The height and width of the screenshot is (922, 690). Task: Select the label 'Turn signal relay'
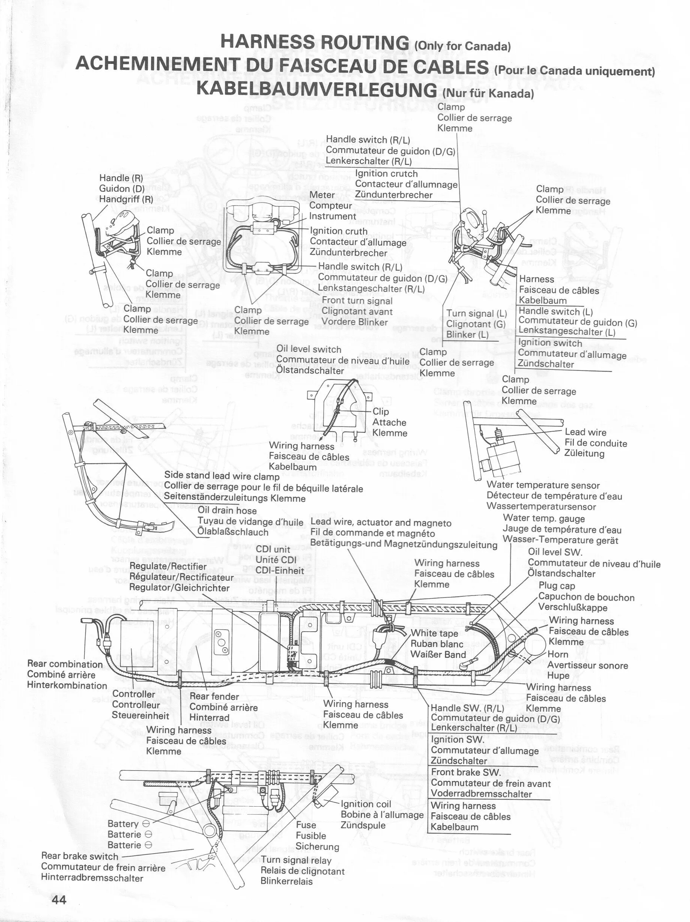[x=296, y=860]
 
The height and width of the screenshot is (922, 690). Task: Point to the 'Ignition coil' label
[x=366, y=804]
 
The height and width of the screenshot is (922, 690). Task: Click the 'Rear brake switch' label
[x=80, y=856]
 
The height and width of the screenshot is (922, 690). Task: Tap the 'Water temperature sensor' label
[x=543, y=485]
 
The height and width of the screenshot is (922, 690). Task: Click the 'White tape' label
[x=434, y=633]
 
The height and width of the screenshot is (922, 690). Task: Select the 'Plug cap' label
[x=557, y=586]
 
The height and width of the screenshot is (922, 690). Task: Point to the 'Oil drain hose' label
[x=227, y=510]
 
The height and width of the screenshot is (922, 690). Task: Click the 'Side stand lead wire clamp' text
[x=221, y=476]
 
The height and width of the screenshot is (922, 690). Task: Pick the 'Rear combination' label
[x=65, y=664]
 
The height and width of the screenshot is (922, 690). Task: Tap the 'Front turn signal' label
[x=357, y=301]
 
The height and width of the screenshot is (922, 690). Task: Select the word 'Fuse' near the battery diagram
[x=306, y=824]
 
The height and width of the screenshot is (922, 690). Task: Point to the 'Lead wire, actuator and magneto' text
[x=381, y=523]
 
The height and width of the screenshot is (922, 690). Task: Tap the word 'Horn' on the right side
[x=558, y=654]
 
